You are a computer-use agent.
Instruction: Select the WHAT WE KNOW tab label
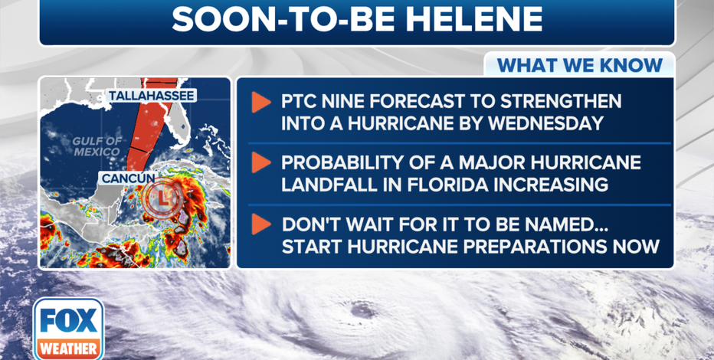coord(579,65)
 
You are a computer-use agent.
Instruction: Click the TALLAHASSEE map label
coord(152,96)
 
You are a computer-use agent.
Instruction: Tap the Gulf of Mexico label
coord(97,146)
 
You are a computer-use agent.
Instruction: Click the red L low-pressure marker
coord(162,198)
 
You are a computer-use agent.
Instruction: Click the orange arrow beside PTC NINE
coord(261,103)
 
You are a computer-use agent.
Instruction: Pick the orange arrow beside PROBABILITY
coord(261,162)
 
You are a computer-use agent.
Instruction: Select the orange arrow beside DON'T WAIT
coord(261,224)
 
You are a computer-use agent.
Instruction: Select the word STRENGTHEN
coord(561,102)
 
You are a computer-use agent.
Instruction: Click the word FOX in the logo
coord(69,320)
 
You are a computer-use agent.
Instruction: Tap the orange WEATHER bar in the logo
coord(69,349)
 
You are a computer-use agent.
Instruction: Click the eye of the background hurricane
coord(363,310)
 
